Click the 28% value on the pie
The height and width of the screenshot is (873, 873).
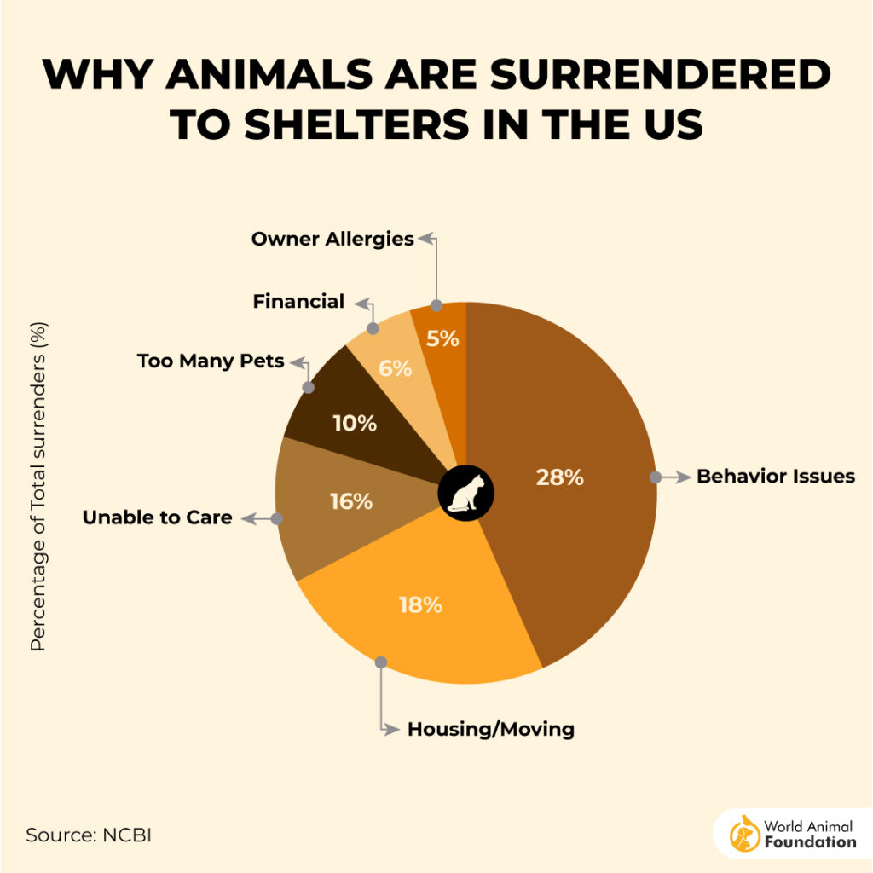click(559, 477)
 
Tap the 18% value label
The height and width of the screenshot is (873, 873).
click(420, 605)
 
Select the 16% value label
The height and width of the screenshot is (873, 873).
click(351, 502)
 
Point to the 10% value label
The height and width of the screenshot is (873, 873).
click(355, 422)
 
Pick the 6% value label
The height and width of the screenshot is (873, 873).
click(396, 368)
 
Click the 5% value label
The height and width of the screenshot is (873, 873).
click(442, 338)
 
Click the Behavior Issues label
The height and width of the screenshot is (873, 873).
click(775, 476)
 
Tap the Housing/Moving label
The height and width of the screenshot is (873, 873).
click(490, 729)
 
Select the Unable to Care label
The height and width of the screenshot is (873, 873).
click(157, 517)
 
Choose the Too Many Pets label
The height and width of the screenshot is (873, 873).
click(211, 361)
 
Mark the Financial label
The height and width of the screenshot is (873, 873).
click(298, 301)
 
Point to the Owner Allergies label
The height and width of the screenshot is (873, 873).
click(332, 239)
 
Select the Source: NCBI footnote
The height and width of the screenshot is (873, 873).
click(88, 835)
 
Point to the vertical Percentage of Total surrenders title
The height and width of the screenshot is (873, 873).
click(38, 486)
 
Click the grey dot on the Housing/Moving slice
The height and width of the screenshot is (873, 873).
click(381, 662)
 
